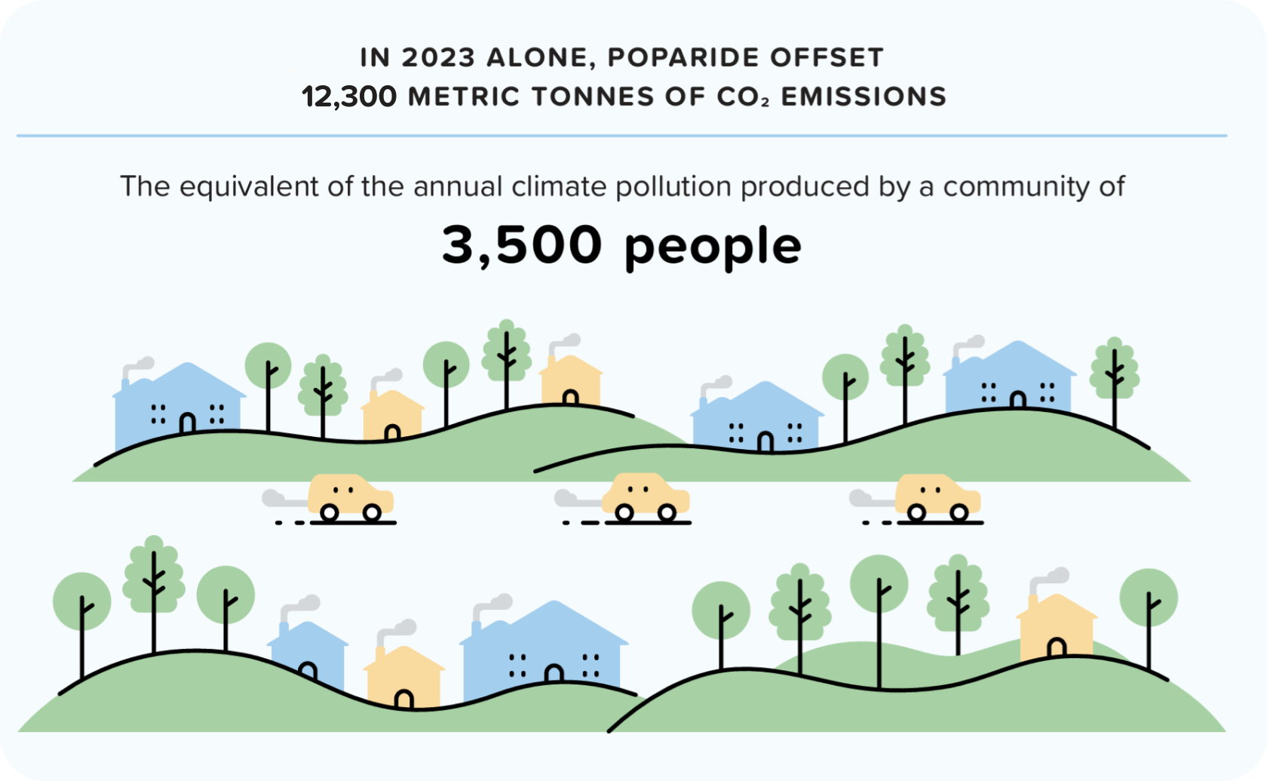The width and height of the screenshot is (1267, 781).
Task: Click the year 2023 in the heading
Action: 438,57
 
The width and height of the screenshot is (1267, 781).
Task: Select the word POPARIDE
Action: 683,57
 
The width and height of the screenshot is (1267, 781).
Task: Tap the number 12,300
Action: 349,97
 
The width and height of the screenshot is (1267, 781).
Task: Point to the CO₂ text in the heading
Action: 744,97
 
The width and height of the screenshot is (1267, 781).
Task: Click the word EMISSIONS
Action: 864,97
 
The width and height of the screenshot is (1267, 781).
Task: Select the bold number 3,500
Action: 522,246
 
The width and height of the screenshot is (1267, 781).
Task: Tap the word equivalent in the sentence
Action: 249,187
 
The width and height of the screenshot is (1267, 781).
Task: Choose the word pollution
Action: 673,187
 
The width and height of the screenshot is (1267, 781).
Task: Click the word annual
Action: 458,186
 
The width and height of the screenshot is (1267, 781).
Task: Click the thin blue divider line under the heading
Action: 621,136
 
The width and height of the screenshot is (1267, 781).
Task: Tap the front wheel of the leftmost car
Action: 372,513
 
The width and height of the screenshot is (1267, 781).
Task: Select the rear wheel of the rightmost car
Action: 917,513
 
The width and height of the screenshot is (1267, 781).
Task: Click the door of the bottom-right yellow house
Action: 1057,647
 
